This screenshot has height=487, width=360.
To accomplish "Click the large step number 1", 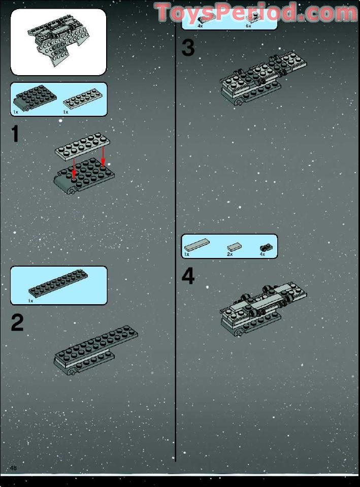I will pos(15,134).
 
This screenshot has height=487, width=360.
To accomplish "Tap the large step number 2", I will pos(17,323).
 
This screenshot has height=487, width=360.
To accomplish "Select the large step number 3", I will pos(188,49).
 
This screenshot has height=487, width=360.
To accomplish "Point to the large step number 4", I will pos(188,277).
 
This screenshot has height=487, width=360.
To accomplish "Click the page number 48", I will pos(13,468).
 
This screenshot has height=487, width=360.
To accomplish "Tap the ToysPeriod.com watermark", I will pos(256,13).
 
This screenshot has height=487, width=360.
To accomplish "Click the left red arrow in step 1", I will pos(75,167).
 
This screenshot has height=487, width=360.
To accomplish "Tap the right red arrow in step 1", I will pos(103,155).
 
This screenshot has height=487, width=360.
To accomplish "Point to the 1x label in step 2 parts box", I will pos(30,301).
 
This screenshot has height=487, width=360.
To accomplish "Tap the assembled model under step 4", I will pos(262,309).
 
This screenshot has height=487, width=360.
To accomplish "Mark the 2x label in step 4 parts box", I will pos(230,253).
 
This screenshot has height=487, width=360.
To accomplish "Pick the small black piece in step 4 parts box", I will pos(265,247).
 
